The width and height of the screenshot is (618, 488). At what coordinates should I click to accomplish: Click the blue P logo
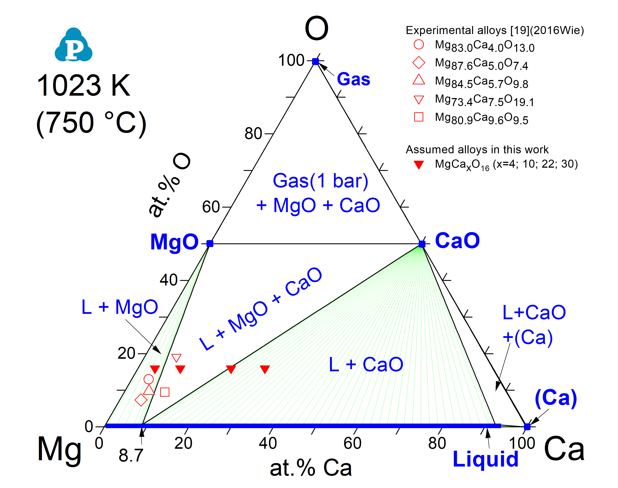tap(73, 45)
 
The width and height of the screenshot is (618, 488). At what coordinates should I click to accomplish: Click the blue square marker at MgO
tap(210, 243)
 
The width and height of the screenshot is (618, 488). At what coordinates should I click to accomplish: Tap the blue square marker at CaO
tap(422, 244)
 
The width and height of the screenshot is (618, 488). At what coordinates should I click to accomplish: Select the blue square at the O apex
tap(315, 61)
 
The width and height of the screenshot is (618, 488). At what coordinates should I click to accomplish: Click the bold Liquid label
tap(485, 459)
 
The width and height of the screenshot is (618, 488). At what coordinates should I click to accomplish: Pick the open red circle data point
tap(149, 379)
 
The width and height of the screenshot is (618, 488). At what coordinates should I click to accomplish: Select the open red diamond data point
tap(141, 400)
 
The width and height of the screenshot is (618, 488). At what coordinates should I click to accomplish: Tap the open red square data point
tap(165, 392)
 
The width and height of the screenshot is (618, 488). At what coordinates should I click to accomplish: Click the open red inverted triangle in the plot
tap(176, 358)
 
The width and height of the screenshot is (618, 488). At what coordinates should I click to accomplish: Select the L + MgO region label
tap(120, 307)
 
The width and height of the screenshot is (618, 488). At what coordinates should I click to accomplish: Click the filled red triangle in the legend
tap(419, 165)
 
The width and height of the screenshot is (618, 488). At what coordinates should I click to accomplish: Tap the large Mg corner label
tap(59, 449)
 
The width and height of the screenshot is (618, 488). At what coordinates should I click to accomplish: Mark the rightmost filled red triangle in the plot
tap(265, 369)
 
